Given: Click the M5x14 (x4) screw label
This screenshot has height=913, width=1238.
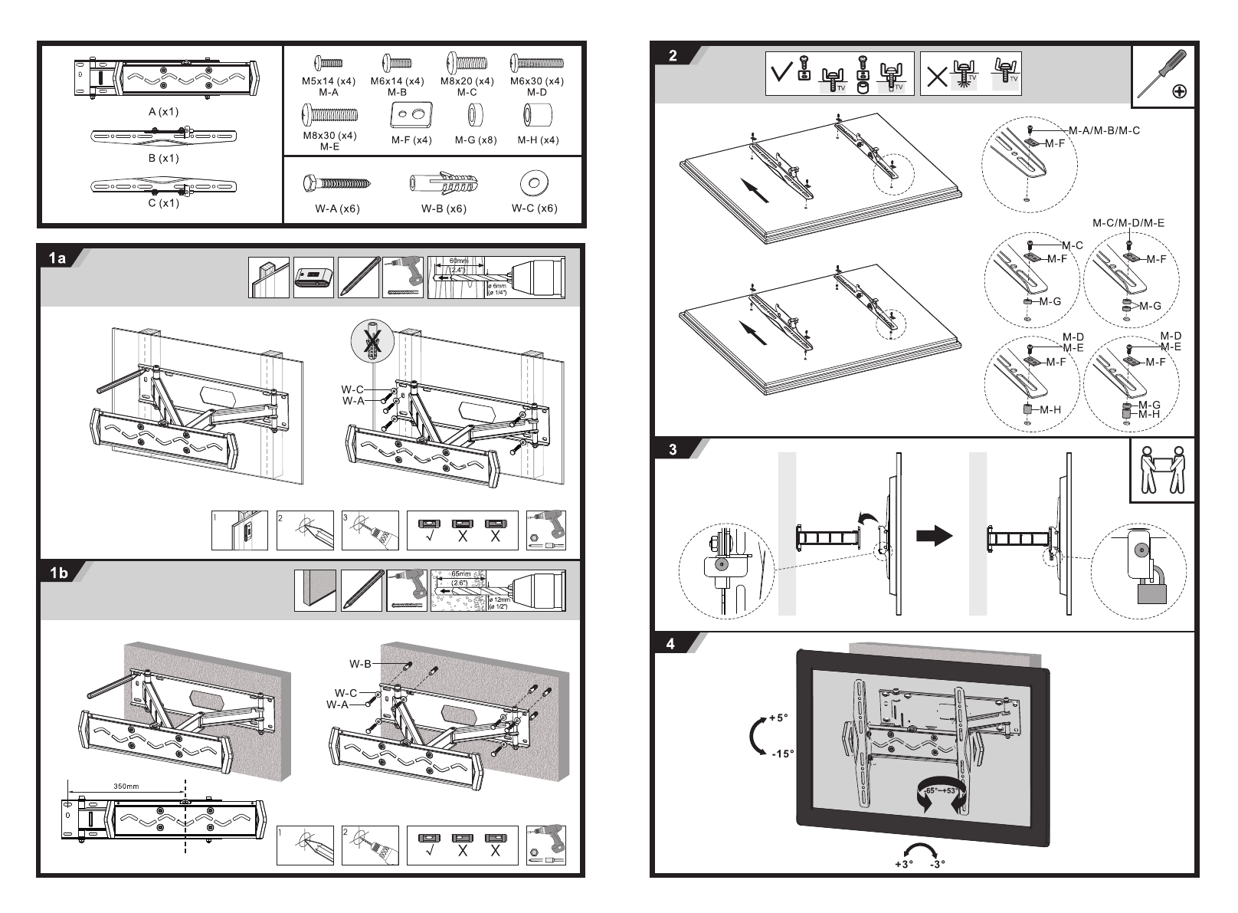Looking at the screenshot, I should click(x=328, y=81).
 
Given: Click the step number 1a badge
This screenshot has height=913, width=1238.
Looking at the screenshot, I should click(x=58, y=258).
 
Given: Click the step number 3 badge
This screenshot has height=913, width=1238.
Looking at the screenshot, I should click(x=673, y=450).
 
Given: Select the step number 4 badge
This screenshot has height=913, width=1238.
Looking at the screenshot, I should click(x=671, y=644).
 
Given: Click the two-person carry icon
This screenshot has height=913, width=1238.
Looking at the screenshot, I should click(x=1162, y=470).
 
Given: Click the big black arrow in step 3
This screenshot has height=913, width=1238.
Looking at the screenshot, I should click(x=934, y=536).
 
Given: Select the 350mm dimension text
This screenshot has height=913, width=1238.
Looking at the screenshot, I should click(x=126, y=787).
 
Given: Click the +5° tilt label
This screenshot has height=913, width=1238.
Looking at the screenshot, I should click(x=778, y=718).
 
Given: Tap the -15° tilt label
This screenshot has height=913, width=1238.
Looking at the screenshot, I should click(x=782, y=754).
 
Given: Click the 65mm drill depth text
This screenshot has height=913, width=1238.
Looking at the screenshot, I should click(x=460, y=573).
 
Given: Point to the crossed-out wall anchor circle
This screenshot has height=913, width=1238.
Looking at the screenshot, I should click(x=371, y=343).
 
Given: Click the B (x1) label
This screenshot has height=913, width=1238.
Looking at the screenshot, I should click(x=163, y=158).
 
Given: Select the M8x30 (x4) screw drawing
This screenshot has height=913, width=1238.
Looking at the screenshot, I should click(x=329, y=116).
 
